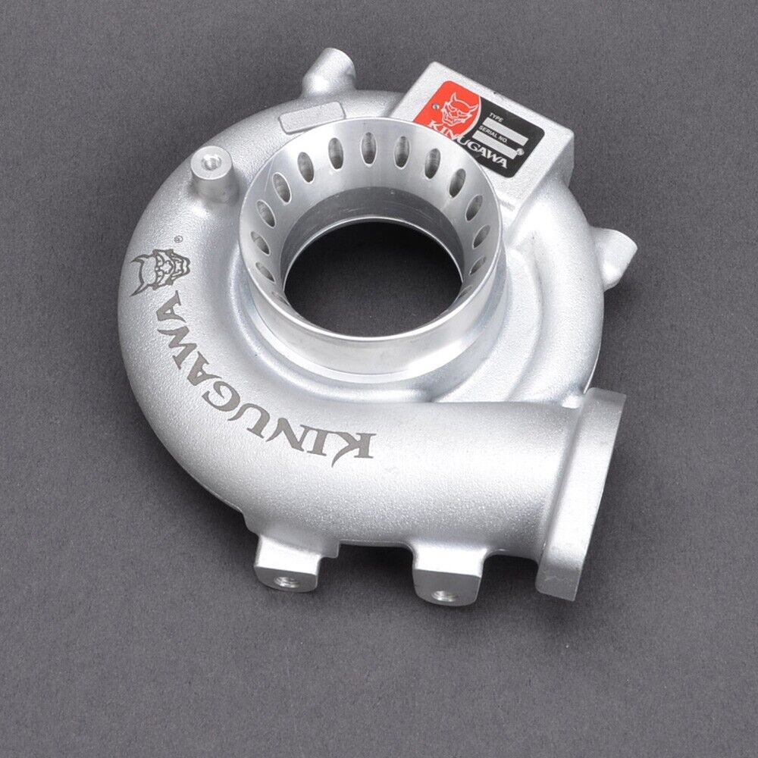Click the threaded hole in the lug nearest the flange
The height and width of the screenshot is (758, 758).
point(446,594)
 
